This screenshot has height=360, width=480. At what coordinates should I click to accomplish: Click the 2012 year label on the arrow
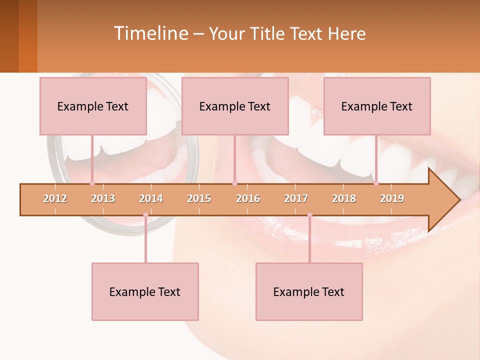click(55, 198)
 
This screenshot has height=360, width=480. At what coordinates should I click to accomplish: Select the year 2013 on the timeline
click(103, 198)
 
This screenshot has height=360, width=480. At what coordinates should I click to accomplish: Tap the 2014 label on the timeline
click(151, 198)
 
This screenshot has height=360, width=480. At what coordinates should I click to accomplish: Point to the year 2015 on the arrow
click(199, 198)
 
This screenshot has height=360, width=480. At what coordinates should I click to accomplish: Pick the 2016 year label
click(248, 198)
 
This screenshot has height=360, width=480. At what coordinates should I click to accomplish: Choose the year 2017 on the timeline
click(296, 198)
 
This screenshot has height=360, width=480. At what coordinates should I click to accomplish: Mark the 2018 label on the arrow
click(344, 198)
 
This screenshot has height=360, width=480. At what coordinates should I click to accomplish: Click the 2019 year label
click(392, 198)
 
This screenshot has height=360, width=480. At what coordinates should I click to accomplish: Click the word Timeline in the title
click(150, 33)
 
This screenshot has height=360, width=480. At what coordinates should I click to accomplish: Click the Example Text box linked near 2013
click(93, 106)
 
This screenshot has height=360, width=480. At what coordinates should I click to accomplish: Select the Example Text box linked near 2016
click(235, 106)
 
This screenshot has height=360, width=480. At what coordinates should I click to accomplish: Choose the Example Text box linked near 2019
click(377, 106)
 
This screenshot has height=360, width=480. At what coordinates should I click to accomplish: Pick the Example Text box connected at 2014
click(145, 291)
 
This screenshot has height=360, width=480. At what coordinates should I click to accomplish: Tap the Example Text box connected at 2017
click(309, 291)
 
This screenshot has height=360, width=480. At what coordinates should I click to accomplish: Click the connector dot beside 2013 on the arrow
click(92, 183)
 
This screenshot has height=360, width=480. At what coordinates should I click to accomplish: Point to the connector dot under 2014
click(145, 215)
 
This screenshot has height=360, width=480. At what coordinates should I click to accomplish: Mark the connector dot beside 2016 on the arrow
click(234, 183)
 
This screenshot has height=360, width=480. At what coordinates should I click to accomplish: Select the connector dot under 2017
click(309, 215)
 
